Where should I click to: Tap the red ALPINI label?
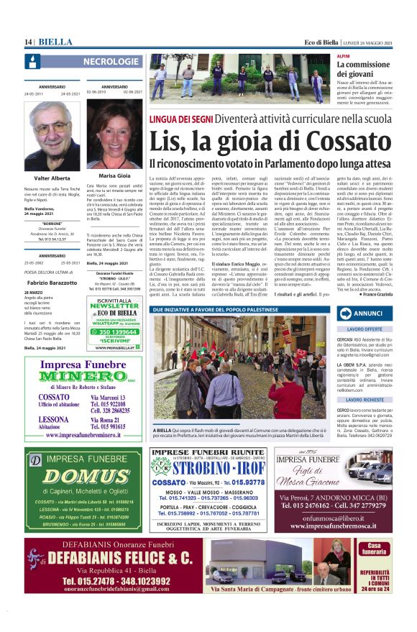pos(344,55)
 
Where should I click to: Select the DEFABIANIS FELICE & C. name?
pos(114,558)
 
